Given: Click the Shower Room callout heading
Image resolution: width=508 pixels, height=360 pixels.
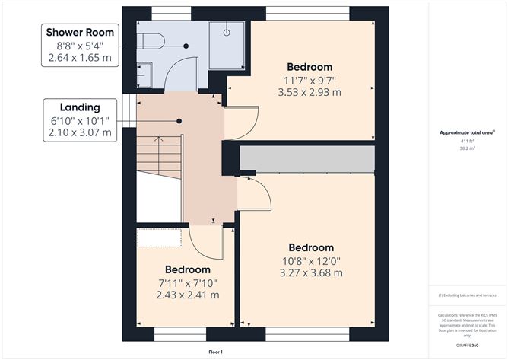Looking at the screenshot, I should pos(81,32).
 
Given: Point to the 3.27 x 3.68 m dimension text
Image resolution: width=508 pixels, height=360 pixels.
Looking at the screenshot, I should pos(311,273).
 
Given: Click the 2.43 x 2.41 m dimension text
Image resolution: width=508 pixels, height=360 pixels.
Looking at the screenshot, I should pos(188,295).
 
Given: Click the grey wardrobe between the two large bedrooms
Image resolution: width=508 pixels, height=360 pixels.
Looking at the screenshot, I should pos(308,159).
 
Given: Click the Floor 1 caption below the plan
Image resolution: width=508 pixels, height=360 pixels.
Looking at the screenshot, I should pos(217,352).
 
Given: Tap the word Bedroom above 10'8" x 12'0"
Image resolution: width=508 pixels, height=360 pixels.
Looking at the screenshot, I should pos(311,247).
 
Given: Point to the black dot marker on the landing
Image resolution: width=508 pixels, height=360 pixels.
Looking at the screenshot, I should pos(179,121).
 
